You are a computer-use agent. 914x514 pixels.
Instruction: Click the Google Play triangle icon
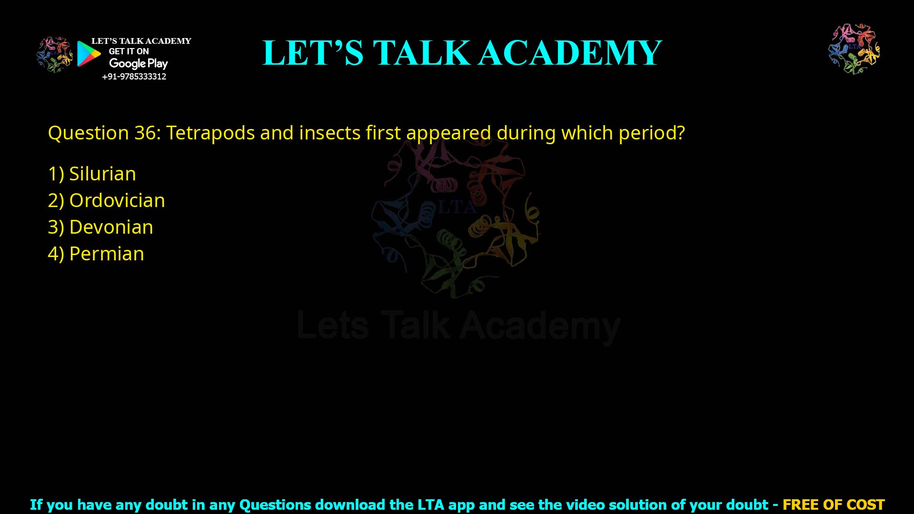coord(89,54)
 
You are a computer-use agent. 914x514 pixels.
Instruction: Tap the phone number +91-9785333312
coord(134,77)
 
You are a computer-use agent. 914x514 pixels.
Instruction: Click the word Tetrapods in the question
coord(210,133)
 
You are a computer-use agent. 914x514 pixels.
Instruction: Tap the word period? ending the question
coord(652,133)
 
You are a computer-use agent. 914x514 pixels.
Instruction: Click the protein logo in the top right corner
coord(854,49)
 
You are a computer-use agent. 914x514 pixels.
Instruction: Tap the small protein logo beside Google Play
coord(55,55)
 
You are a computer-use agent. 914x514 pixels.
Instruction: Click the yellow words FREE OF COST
coord(834,504)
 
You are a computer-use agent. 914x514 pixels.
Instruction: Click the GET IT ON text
coord(129,51)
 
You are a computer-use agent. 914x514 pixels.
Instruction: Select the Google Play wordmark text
coord(138,64)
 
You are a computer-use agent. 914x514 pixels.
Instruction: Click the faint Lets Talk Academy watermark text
coord(458,326)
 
